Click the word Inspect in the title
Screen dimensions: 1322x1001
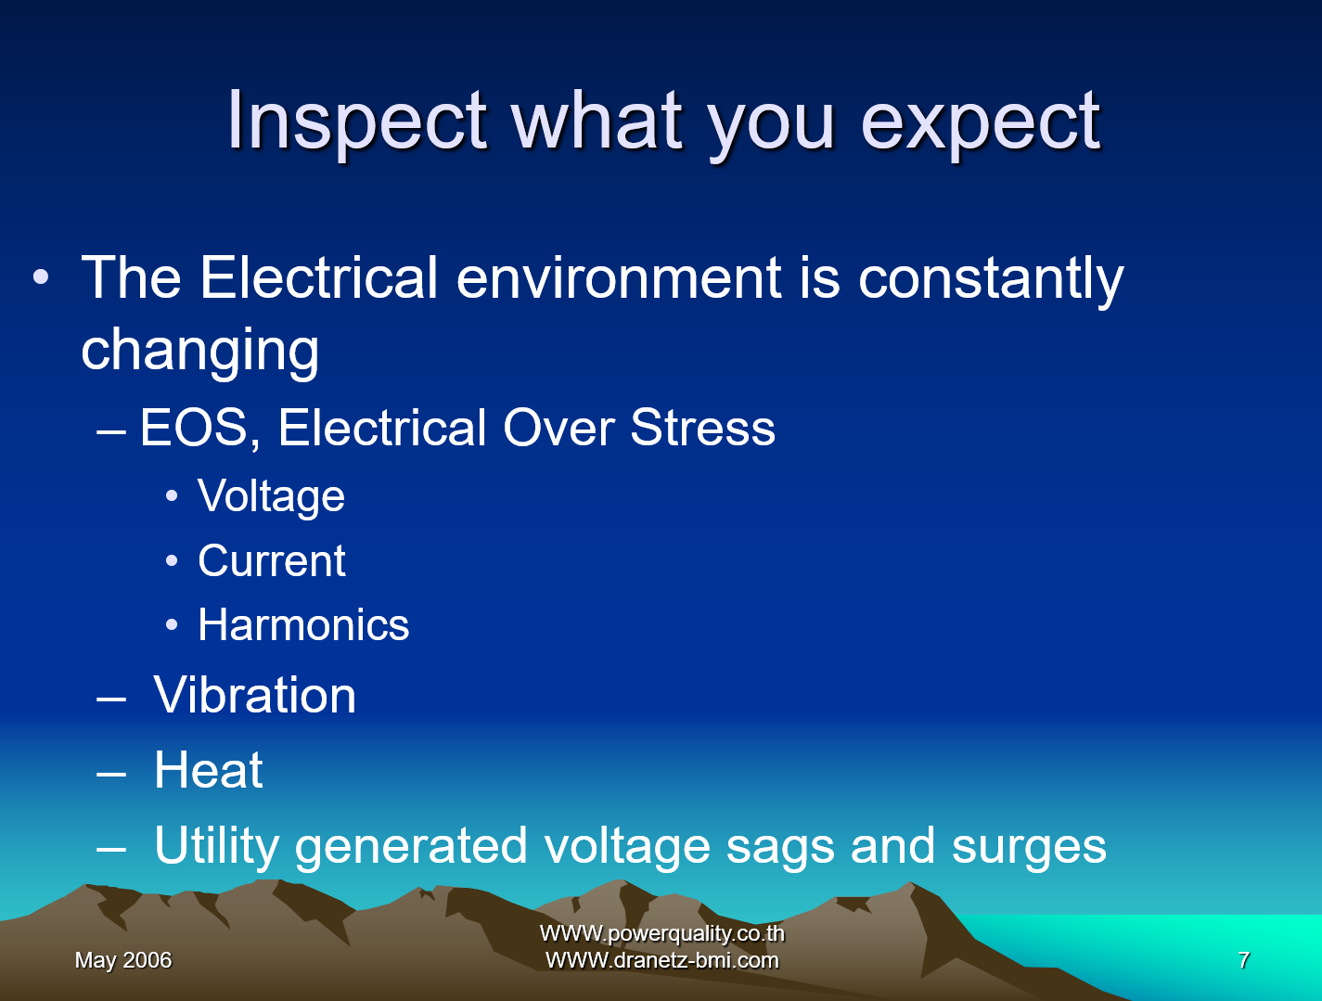356,123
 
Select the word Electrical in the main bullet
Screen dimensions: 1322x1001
318,277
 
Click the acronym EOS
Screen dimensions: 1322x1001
194,428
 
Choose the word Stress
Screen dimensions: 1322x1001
702,428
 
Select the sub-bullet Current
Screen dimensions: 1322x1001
272,560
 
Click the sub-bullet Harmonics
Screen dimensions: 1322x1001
303,624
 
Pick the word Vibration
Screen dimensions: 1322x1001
255,695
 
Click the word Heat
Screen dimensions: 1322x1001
209,770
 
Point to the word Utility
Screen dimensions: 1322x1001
217,847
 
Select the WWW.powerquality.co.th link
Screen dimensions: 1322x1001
661,933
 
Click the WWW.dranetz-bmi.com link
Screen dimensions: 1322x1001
661,960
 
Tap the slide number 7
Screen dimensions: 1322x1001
1244,960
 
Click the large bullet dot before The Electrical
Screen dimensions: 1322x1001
41,277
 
